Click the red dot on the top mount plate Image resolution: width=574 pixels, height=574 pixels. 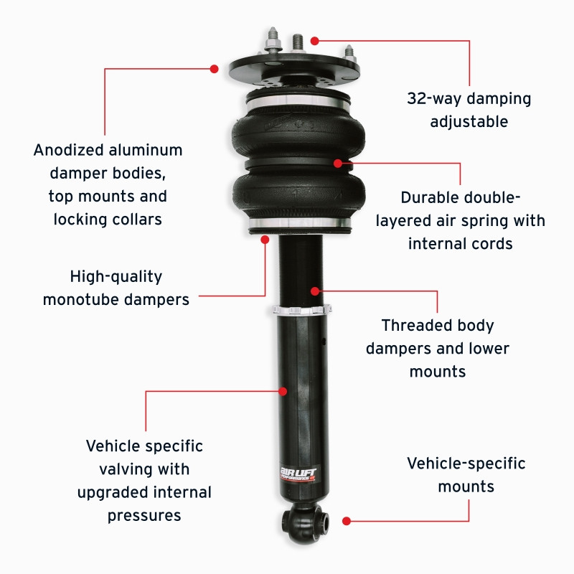(x=214, y=68)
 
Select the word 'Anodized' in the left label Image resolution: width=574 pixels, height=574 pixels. (x=69, y=151)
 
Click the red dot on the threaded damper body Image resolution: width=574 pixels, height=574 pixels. (x=314, y=291)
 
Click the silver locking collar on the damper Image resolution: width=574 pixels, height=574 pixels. (x=302, y=311)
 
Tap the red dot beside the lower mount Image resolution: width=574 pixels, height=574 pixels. (x=346, y=521)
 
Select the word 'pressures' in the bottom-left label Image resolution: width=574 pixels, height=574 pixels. (x=144, y=515)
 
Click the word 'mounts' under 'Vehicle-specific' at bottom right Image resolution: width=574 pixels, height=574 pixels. (x=466, y=486)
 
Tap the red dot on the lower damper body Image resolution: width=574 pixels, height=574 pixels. (x=283, y=391)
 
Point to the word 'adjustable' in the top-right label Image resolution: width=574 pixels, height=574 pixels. (x=469, y=122)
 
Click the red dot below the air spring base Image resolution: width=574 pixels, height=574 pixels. (x=265, y=238)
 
